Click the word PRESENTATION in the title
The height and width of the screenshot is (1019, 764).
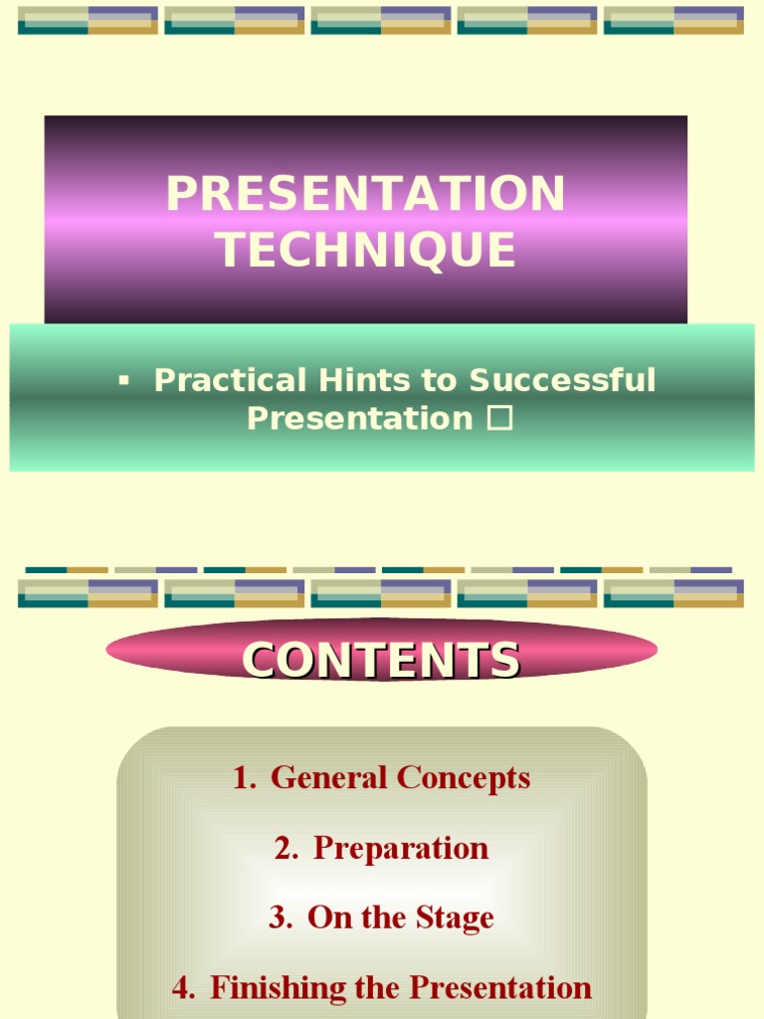[365, 193]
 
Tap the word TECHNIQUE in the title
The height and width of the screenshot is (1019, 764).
[366, 249]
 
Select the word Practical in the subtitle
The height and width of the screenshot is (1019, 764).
[230, 380]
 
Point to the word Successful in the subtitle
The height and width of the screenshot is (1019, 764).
[562, 380]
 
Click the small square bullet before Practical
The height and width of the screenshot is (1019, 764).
[123, 380]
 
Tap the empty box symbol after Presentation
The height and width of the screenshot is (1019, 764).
[499, 419]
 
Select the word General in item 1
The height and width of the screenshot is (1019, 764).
[329, 778]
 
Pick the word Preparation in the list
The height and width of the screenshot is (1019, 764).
[401, 848]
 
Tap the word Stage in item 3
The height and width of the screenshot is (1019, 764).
[454, 917]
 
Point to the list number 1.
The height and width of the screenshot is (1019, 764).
[243, 778]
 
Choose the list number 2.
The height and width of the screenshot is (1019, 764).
[286, 848]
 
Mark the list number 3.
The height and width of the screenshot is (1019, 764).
[280, 917]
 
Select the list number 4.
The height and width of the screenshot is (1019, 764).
[183, 987]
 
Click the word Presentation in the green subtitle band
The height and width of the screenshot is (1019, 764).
[359, 419]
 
